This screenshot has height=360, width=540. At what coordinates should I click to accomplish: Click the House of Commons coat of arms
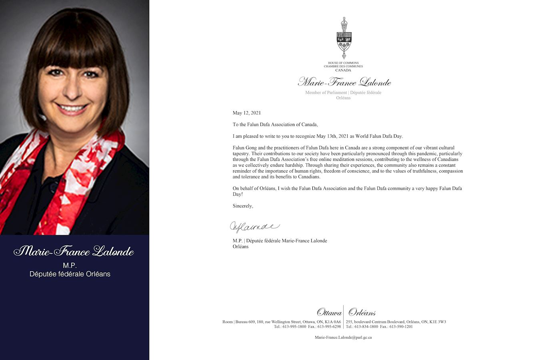(343, 38)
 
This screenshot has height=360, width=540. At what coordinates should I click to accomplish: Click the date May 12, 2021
(247, 113)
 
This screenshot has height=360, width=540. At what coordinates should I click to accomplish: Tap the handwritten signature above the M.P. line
(254, 227)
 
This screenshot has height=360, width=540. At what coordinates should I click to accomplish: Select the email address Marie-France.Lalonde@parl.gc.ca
(343, 337)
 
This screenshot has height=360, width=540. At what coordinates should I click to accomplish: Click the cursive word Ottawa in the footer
(329, 312)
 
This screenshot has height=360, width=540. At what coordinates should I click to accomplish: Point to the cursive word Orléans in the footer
(362, 312)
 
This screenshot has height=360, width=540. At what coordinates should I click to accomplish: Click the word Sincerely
(243, 206)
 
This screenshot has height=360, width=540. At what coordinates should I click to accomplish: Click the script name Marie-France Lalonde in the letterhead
(344, 82)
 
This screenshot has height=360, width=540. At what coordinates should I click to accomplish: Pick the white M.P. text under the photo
(70, 265)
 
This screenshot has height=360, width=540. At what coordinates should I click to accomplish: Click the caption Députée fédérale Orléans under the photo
(70, 274)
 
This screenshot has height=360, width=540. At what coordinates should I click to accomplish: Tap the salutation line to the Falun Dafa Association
(275, 124)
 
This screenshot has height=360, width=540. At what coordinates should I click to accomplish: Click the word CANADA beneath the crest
(343, 70)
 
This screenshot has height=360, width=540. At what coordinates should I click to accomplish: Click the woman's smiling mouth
(72, 108)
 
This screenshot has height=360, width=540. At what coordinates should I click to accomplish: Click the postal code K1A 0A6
(333, 322)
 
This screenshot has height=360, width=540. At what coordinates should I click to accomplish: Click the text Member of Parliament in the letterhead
(326, 92)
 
